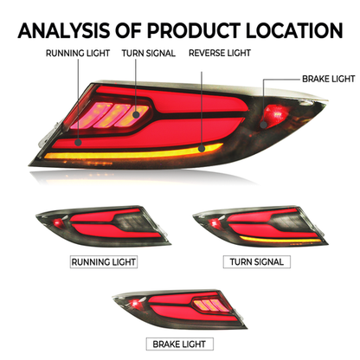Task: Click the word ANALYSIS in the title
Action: [x=64, y=30]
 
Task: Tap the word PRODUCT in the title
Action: [x=194, y=30]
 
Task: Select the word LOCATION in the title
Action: [x=294, y=30]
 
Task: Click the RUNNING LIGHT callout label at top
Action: [x=78, y=54]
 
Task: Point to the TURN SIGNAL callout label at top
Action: [x=149, y=54]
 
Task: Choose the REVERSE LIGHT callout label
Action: [x=220, y=53]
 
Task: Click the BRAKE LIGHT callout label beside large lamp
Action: [x=329, y=79]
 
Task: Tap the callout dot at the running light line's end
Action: [x=78, y=142]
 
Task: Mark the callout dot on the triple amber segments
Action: [x=136, y=115]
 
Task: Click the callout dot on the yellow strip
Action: [x=202, y=149]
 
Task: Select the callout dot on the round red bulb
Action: [x=263, y=125]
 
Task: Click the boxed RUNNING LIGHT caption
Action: [x=104, y=262]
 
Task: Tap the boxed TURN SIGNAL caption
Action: [x=257, y=262]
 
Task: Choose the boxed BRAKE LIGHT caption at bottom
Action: [x=180, y=344]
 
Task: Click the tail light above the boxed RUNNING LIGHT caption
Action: [x=103, y=227]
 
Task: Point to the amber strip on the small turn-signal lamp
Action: [x=280, y=240]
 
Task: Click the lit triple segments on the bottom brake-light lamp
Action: [x=209, y=305]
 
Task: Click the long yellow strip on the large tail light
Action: [x=133, y=152]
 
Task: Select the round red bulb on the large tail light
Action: [x=274, y=115]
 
